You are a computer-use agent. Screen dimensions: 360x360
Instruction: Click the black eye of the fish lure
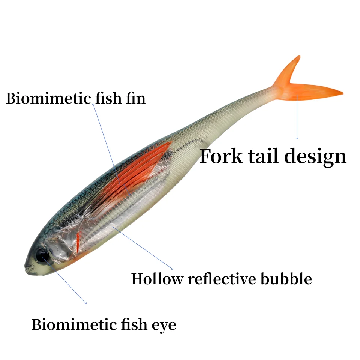[x=42, y=255]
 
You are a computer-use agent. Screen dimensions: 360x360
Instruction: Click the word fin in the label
[x=135, y=99]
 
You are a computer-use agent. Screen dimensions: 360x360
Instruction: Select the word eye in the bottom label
[x=164, y=325]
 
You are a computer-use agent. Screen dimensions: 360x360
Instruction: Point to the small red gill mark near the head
[x=78, y=242]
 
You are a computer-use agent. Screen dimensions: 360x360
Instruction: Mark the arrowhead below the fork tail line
[x=297, y=138]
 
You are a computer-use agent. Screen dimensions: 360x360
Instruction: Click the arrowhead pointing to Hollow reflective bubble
[x=172, y=268]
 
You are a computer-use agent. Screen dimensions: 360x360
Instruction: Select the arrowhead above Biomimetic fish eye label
[x=86, y=303]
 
